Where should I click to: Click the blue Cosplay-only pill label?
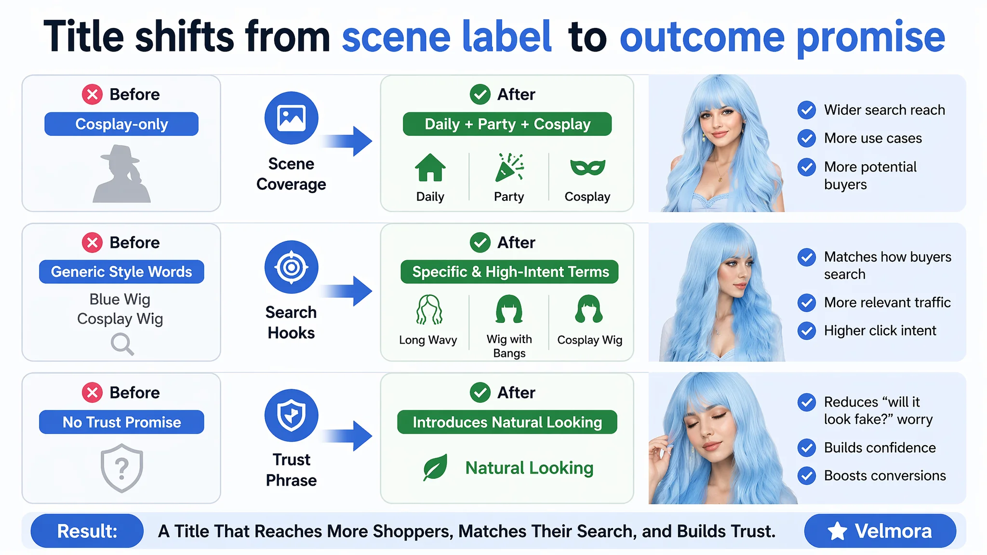(121, 124)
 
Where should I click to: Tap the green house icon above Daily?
(430, 167)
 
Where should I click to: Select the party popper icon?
(509, 167)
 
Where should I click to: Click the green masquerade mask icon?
(587, 167)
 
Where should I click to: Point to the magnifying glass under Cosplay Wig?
(122, 344)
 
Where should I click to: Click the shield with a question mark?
(122, 468)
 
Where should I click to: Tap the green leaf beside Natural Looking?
(435, 467)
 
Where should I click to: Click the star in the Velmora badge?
(837, 531)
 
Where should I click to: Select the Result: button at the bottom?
(87, 531)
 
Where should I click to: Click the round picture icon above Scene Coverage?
(291, 118)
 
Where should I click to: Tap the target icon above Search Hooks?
(291, 267)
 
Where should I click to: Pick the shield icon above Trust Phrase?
(291, 415)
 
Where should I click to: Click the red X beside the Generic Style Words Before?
(92, 242)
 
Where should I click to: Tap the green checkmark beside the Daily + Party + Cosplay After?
(480, 94)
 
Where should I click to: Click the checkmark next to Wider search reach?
(806, 110)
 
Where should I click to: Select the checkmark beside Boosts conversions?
(806, 476)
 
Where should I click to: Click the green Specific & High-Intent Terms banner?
(509, 272)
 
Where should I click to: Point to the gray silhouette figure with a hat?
(121, 173)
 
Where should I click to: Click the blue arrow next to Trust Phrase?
(347, 436)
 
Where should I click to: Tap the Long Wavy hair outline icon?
(429, 309)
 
